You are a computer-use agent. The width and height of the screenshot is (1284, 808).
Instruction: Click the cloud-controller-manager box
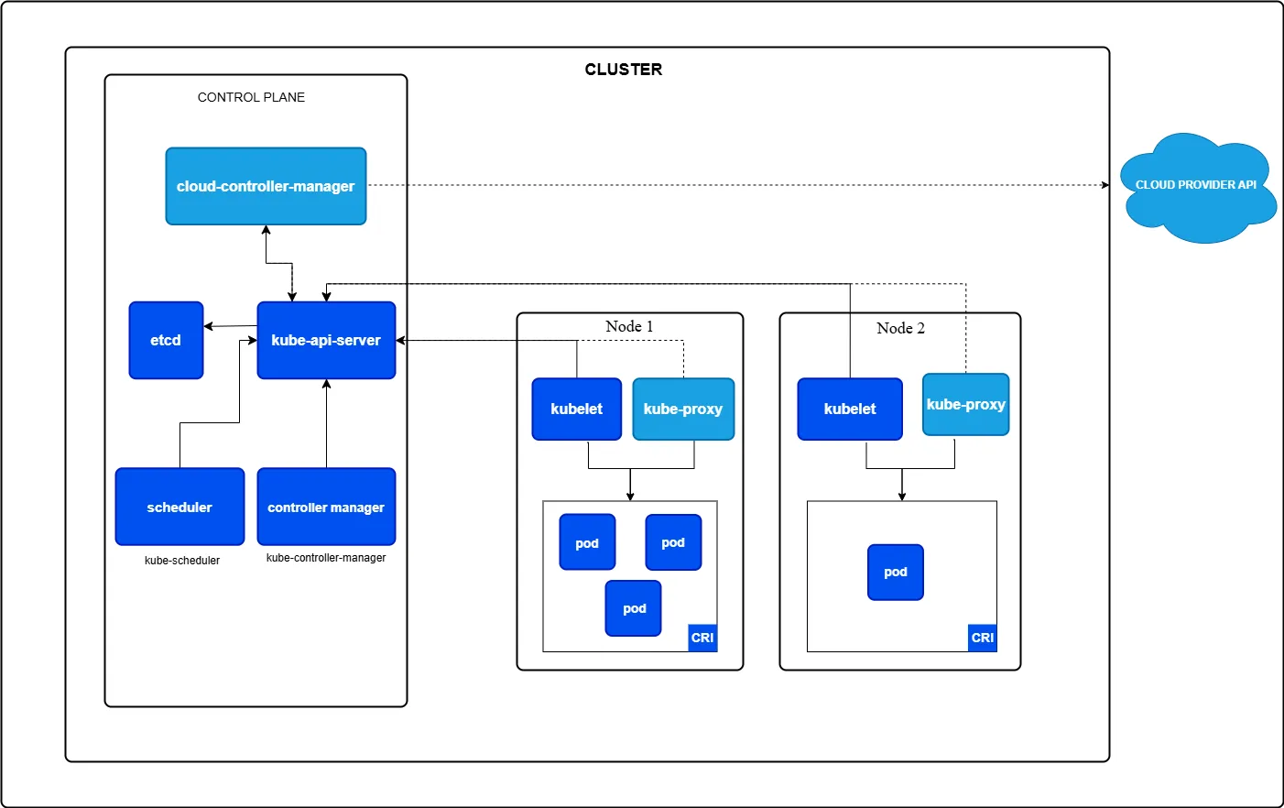click(266, 186)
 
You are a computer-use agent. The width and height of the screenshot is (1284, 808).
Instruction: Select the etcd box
click(166, 340)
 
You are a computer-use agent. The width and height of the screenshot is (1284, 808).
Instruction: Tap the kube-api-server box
click(326, 340)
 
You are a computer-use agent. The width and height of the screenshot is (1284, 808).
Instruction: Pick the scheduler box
click(180, 507)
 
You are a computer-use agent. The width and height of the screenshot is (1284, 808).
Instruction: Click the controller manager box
click(326, 507)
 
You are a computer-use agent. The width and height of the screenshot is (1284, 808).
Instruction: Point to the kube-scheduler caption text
click(182, 561)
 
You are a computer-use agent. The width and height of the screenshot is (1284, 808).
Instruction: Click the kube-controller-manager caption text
click(326, 558)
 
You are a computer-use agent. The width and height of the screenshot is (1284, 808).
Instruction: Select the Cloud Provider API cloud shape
click(1196, 188)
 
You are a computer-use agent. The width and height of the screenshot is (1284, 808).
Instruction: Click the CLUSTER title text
click(623, 70)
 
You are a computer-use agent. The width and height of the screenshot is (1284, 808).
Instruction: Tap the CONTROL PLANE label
click(251, 97)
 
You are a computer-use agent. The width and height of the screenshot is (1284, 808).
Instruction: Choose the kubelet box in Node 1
click(576, 409)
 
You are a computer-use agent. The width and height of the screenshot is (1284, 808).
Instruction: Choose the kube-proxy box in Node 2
click(965, 404)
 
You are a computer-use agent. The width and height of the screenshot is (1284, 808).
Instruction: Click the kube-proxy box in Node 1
click(683, 409)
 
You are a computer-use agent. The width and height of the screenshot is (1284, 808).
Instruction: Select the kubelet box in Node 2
click(849, 409)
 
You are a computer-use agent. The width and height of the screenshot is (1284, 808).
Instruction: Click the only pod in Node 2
click(895, 572)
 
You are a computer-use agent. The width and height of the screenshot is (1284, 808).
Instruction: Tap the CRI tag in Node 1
click(702, 638)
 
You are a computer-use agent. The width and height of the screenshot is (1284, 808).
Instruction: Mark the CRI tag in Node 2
click(982, 638)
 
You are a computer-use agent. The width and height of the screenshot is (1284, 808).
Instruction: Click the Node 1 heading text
click(629, 326)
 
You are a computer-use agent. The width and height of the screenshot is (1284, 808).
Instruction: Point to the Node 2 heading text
click(900, 328)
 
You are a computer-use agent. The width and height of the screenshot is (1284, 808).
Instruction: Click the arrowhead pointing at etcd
click(209, 326)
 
